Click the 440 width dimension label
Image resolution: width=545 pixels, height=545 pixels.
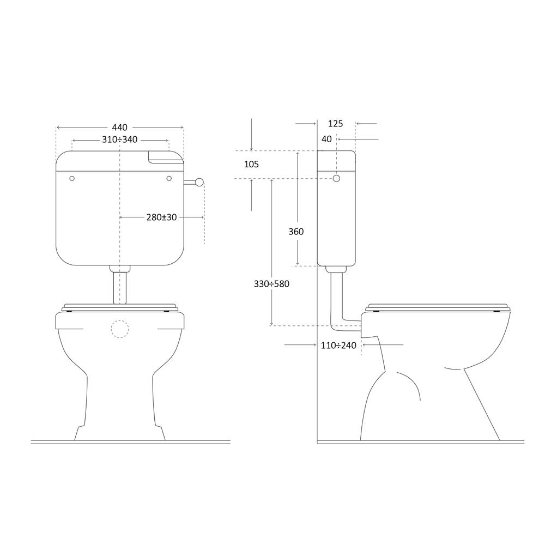(119, 128)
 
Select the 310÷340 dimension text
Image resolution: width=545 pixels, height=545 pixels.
(119, 140)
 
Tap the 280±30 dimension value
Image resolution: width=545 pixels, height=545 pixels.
(162, 217)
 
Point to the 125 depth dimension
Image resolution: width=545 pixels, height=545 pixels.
(335, 124)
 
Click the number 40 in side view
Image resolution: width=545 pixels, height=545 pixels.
(326, 139)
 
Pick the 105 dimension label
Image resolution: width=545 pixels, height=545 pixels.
(251, 164)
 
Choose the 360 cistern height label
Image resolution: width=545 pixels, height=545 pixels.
(296, 232)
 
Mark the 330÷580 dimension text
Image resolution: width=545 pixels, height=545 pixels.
(271, 284)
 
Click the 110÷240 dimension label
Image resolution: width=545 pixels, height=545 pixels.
(338, 346)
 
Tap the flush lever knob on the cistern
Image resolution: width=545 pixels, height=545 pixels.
(199, 182)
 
